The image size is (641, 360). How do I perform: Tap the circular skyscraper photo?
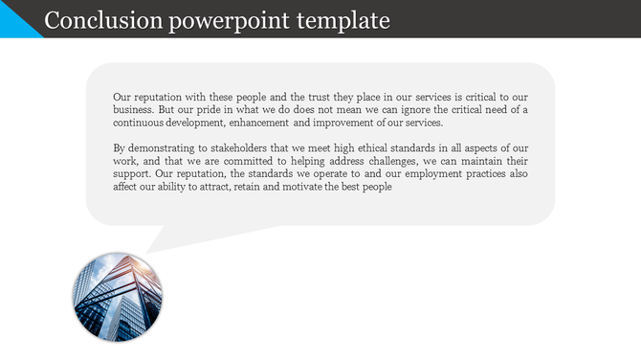click(x=117, y=298)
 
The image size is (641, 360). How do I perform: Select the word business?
click(x=136, y=110)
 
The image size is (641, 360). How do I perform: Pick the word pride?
click(x=225, y=110)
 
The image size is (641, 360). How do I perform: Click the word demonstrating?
click(x=166, y=148)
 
